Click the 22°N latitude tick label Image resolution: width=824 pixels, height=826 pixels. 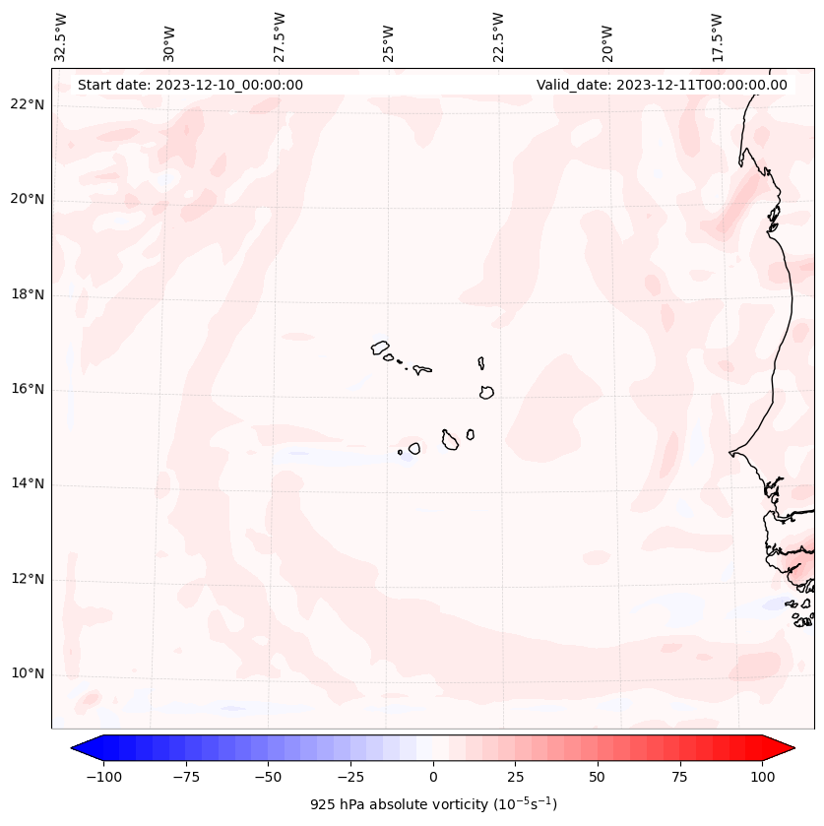point(28,105)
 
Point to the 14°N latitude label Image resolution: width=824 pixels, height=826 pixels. point(28,483)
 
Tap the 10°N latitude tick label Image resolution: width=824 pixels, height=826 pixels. point(28,674)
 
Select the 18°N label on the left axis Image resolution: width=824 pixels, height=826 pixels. point(28,294)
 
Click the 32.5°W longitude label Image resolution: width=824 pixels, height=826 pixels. point(61,36)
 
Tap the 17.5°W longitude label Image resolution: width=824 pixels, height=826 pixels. point(718,36)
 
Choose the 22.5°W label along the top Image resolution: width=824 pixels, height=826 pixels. point(498,36)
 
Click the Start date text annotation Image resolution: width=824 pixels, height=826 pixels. point(190,85)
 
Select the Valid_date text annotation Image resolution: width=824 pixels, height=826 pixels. point(662,85)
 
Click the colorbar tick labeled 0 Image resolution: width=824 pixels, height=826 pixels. point(433,777)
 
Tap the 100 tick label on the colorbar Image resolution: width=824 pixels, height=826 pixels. point(762,777)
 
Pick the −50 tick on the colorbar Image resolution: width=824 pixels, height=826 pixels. point(268,777)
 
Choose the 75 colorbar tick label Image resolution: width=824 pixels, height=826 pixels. point(679,777)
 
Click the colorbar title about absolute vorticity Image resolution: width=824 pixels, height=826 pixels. point(433,804)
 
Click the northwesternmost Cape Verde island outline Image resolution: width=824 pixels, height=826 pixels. point(380,348)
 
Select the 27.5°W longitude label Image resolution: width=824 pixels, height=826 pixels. point(280,36)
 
